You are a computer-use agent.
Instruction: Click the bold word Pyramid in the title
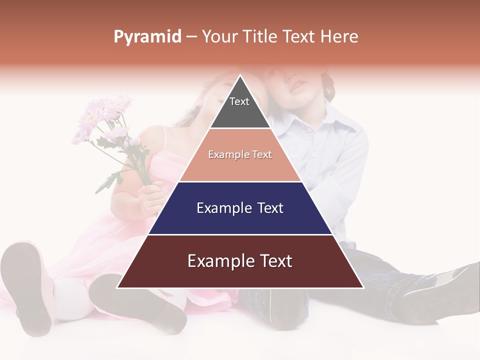147,37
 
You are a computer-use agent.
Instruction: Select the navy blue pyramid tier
240,220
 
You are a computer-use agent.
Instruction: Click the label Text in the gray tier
239,101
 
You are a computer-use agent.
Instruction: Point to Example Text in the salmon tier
240,154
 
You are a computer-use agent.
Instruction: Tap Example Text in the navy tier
240,208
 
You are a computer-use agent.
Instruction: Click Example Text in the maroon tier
240,261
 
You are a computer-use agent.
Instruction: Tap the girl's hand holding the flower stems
150,195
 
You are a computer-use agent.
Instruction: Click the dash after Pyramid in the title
191,37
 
